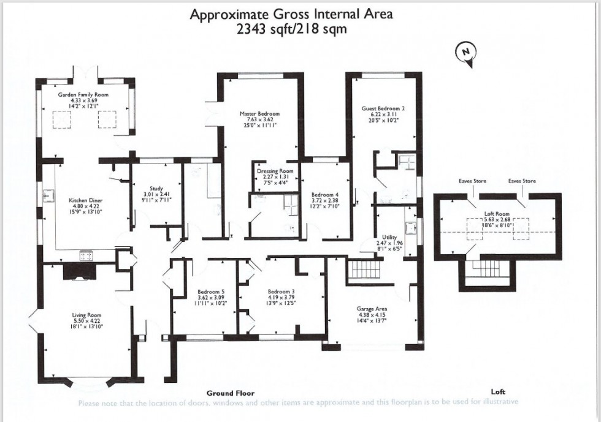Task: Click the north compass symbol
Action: (x=465, y=53)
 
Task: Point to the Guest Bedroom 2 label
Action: (x=383, y=108)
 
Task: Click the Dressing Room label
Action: (x=275, y=171)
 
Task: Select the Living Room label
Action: (x=86, y=315)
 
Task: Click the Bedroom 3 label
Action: (x=281, y=292)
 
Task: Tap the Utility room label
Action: (x=389, y=237)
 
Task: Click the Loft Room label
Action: (x=497, y=219)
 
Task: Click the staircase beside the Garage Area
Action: (x=364, y=268)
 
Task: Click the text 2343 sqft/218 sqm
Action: (x=291, y=29)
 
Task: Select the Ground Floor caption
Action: (x=230, y=393)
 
